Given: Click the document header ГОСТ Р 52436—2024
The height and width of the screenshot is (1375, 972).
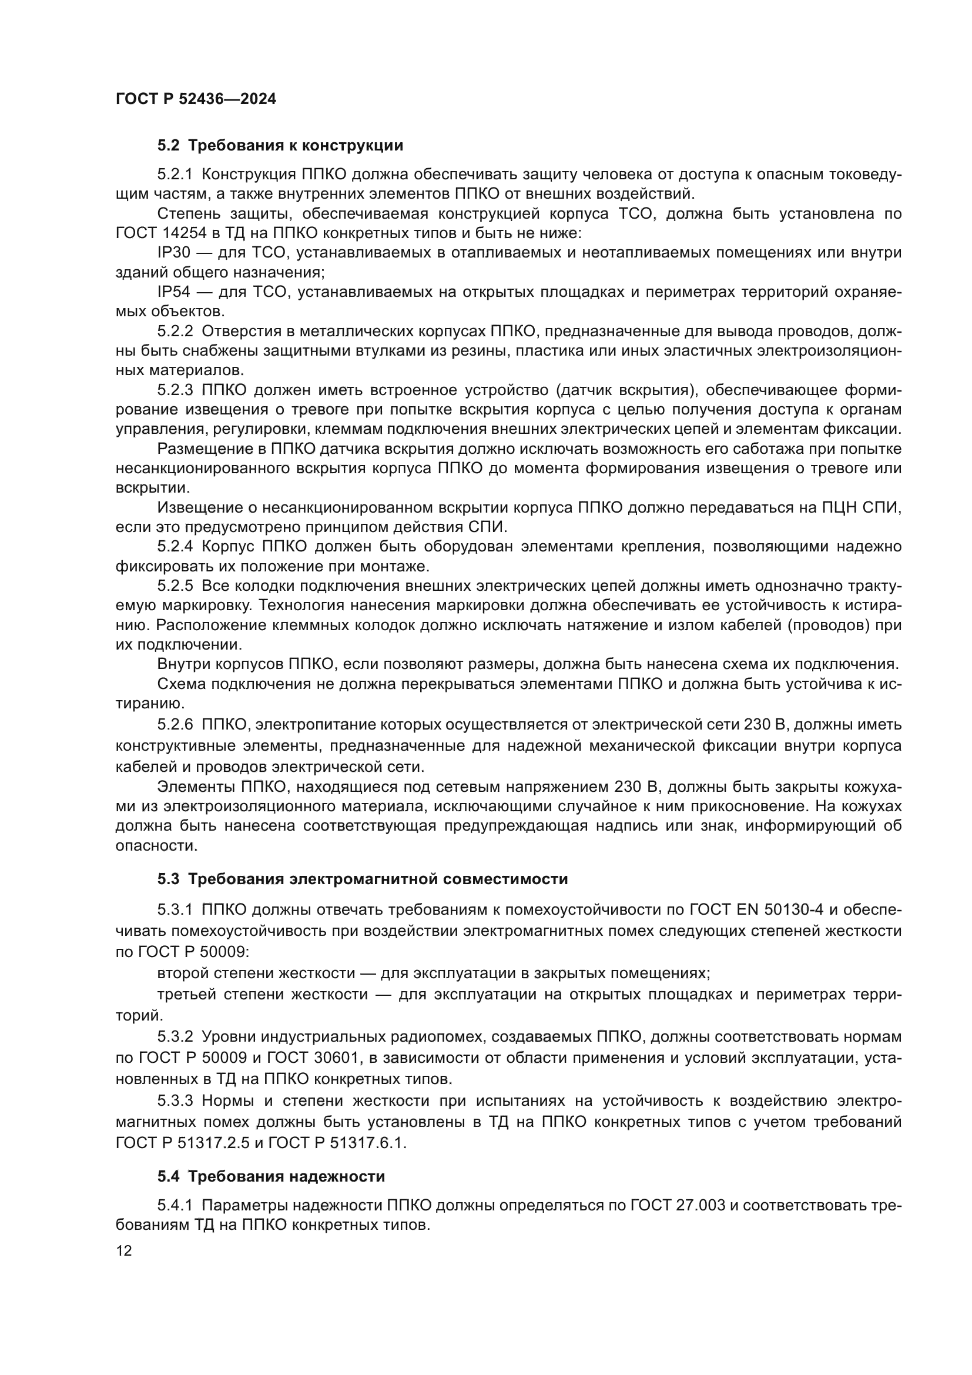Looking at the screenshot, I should pyautogui.click(x=196, y=99).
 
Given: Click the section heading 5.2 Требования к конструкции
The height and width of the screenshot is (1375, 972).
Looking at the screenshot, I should pyautogui.click(x=280, y=146).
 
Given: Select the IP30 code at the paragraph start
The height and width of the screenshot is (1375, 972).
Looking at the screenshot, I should pyautogui.click(x=173, y=253).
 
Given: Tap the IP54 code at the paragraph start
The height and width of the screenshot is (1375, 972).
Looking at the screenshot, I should pyautogui.click(x=173, y=292).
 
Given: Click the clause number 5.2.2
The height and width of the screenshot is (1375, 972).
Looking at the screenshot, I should pyautogui.click(x=175, y=331).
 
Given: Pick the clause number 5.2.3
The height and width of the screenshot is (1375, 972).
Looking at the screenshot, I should pyautogui.click(x=175, y=390).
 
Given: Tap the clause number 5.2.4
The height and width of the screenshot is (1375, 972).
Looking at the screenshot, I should pyautogui.click(x=175, y=547).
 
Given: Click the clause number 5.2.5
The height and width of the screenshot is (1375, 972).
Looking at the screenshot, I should pyautogui.click(x=175, y=586).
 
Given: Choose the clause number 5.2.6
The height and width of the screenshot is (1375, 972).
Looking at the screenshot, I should pyautogui.click(x=175, y=725).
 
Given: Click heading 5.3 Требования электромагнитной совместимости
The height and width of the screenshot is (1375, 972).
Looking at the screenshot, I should pyautogui.click(x=363, y=879).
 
